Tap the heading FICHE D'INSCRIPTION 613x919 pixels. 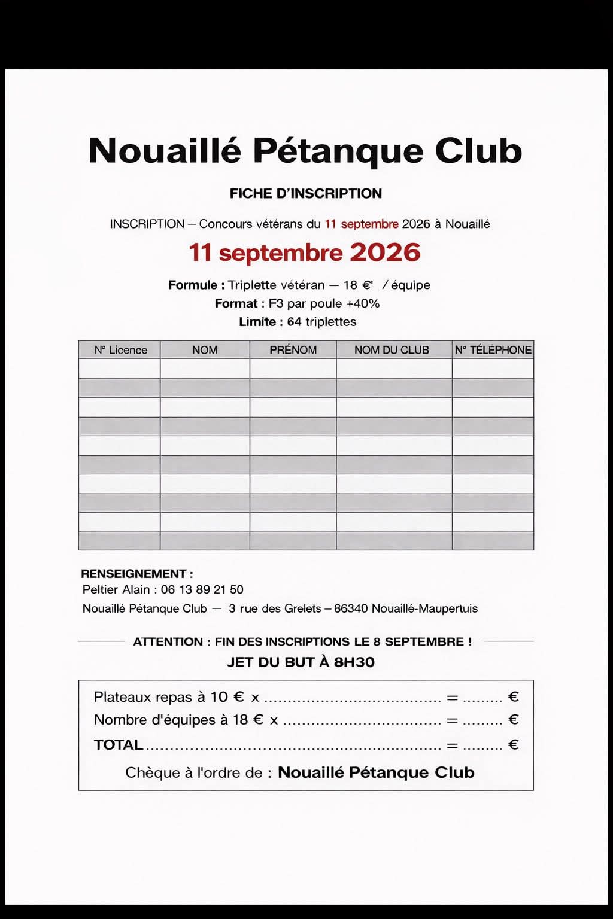(305, 194)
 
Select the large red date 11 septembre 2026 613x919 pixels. (305, 252)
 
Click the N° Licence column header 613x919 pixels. (120, 350)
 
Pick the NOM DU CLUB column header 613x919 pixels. (392, 350)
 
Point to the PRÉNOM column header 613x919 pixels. (293, 350)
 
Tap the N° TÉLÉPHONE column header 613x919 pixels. (493, 350)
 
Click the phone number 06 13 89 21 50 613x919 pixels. (202, 589)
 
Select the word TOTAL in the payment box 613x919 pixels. (119, 745)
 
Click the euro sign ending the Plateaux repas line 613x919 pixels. (513, 697)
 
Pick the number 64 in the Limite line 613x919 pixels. (294, 322)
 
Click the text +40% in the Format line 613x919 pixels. (363, 303)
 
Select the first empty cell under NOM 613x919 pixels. (205, 369)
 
